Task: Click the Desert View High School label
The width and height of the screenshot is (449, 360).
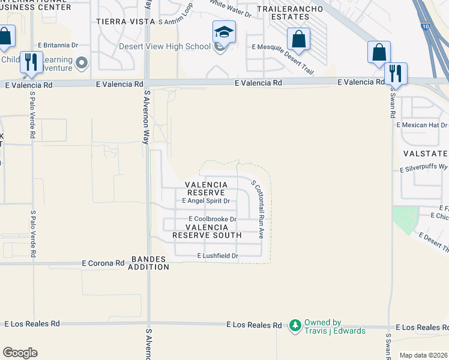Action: [x=164, y=47]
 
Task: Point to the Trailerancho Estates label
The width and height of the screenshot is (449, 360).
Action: [x=285, y=13]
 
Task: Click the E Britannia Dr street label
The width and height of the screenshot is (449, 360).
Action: [x=58, y=45]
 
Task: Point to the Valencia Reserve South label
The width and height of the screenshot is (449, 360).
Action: [x=208, y=232]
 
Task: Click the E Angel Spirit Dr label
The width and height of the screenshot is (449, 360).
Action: [x=206, y=201]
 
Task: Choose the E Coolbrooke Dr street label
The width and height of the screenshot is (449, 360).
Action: [x=212, y=220]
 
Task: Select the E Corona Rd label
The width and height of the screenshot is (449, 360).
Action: [x=103, y=263]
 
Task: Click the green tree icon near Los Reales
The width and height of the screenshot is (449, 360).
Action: [x=295, y=326]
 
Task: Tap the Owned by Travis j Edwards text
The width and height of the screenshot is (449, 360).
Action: [x=334, y=326]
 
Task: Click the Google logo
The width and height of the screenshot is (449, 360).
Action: [x=20, y=353]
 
